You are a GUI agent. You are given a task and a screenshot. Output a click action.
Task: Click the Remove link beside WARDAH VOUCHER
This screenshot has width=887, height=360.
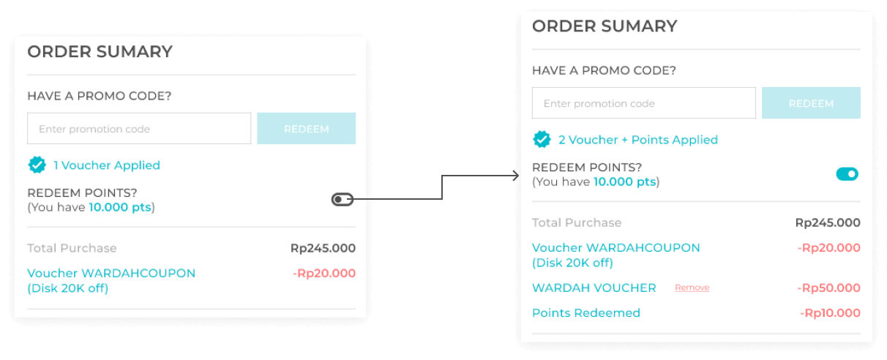(692, 288)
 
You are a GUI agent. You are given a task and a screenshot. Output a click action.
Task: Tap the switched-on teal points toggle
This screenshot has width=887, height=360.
(847, 174)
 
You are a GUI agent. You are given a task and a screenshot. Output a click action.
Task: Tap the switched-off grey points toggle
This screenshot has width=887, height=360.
(343, 199)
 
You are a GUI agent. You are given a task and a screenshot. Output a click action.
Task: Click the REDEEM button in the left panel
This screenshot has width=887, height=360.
(306, 129)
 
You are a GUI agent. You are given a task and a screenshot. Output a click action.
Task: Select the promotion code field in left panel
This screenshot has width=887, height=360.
(139, 129)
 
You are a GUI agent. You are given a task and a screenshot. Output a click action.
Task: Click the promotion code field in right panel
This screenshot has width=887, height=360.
(643, 103)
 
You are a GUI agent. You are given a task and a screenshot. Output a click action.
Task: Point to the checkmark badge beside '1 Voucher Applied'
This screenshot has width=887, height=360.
(37, 165)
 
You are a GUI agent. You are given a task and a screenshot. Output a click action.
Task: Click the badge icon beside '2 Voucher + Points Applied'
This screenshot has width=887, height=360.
(542, 140)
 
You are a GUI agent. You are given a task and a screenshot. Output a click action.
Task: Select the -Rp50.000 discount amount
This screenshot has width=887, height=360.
(828, 288)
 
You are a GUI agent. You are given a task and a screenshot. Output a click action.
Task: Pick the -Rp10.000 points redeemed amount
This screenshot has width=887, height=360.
(830, 313)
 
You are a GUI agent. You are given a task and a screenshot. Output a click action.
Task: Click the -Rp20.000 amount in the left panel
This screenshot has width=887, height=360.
(323, 274)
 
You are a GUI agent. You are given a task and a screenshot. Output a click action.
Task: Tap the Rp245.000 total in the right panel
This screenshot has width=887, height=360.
(828, 222)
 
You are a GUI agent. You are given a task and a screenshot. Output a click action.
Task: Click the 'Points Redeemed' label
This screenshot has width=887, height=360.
(585, 313)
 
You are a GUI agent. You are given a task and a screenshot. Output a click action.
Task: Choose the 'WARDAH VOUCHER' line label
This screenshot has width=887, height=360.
(594, 288)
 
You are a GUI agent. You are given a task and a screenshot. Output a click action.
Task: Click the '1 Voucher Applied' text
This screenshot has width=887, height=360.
(107, 165)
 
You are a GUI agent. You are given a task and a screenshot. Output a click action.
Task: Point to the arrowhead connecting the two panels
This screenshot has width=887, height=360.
(516, 175)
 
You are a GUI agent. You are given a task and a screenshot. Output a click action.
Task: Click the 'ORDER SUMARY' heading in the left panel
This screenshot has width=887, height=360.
(100, 52)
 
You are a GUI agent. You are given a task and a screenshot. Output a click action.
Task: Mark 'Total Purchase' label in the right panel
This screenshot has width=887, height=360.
(576, 222)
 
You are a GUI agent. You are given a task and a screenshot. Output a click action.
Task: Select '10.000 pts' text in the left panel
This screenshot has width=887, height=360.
(119, 207)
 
